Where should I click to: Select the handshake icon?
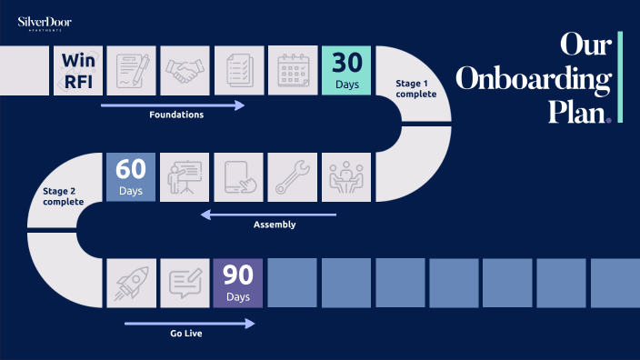[187, 70]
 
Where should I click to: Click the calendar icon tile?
[295, 70]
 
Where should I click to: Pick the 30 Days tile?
[347, 70]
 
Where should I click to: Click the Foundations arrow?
[173, 105]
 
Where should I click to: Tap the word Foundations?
[176, 115]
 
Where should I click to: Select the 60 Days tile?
[132, 176]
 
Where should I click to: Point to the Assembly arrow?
[268, 215]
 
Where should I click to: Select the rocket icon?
[132, 283]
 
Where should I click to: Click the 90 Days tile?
[238, 283]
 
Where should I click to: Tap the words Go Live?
[185, 334]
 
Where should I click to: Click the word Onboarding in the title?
[533, 80]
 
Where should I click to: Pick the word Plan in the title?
[577, 112]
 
